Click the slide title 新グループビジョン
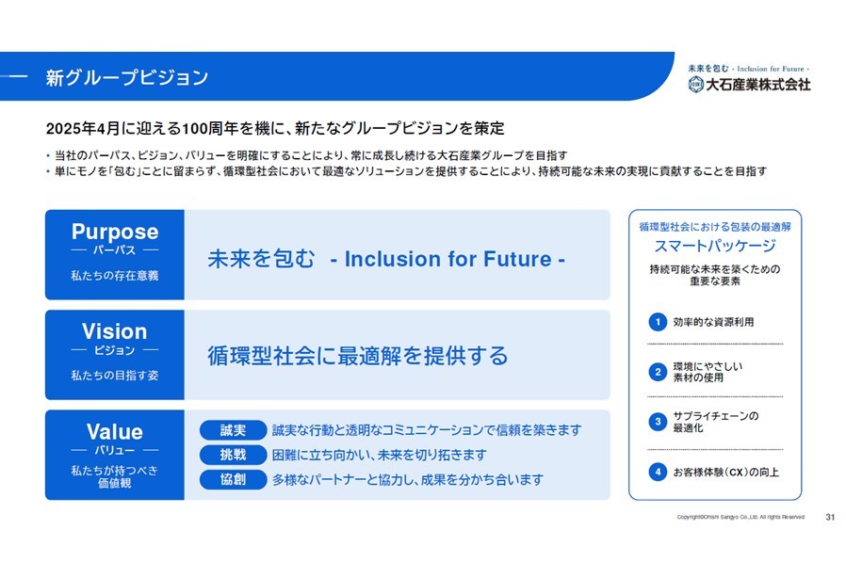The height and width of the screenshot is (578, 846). tap(127, 77)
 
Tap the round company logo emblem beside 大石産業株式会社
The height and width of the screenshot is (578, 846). tap(696, 84)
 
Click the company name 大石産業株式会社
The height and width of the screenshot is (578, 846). tap(758, 84)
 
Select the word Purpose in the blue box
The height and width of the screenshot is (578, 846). tap(115, 232)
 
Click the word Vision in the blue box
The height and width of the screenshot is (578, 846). tap(114, 331)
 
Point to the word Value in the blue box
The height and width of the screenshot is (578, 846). tap(114, 431)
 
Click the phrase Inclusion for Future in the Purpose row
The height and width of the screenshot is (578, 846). tap(447, 259)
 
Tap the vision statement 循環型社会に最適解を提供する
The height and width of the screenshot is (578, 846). tap(358, 356)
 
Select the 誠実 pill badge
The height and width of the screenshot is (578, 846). tap(233, 430)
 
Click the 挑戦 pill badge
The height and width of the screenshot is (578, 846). tap(233, 455)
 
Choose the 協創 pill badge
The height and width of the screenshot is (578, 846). tap(233, 479)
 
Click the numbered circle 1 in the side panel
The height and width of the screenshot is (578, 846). tap(658, 322)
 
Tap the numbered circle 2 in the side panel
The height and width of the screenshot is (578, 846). tap(658, 372)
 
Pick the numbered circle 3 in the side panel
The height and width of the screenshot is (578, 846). tap(658, 422)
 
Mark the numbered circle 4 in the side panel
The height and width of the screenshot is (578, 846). tap(658, 472)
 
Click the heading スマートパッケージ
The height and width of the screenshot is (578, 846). tap(715, 246)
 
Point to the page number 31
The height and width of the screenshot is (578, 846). tap(830, 517)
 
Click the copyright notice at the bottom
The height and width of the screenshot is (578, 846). tap(740, 517)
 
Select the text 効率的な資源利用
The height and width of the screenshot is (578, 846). tap(713, 322)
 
